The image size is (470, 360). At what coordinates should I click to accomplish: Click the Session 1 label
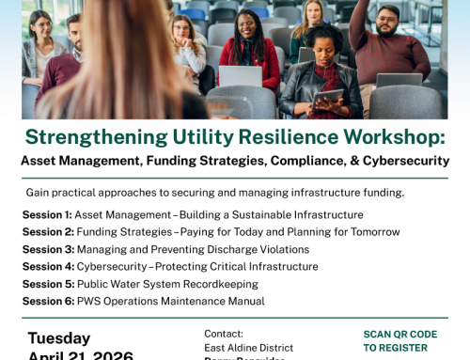click(x=46, y=214)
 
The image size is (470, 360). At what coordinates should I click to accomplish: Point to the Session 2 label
click(x=47, y=231)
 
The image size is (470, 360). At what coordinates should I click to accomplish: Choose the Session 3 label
click(x=47, y=249)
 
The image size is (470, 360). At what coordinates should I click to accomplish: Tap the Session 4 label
click(x=47, y=266)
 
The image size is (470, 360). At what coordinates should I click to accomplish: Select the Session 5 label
click(x=47, y=284)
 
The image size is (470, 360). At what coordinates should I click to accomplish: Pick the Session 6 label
click(x=47, y=301)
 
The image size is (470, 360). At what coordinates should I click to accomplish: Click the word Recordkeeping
click(x=223, y=284)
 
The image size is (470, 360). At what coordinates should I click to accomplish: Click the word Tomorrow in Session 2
click(x=368, y=231)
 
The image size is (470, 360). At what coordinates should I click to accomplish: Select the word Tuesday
click(x=59, y=338)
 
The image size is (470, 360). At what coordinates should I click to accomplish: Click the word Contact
click(x=224, y=334)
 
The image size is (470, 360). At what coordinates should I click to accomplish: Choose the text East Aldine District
click(x=248, y=348)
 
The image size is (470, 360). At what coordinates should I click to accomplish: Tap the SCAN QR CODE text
click(x=399, y=334)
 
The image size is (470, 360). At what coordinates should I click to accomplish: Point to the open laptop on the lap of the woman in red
click(x=240, y=77)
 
